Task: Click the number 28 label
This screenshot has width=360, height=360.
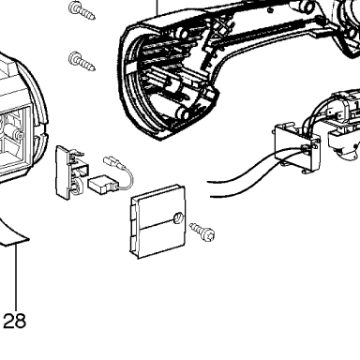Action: pos(14,321)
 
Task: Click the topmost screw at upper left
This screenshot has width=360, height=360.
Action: pos(82,10)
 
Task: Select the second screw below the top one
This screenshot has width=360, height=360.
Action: pos(82,61)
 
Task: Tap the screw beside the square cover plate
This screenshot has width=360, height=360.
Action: pos(202,232)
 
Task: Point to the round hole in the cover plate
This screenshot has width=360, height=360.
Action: pos(178,218)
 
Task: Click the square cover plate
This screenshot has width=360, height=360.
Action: pos(157,221)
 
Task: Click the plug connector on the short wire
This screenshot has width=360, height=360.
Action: pos(112,161)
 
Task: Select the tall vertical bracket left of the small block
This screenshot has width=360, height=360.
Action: pos(68,172)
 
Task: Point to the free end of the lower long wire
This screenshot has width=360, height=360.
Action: pos(211,196)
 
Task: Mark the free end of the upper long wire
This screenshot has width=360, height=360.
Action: pos(208,182)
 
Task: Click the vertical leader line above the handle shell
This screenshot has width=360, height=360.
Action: pos(157,7)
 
